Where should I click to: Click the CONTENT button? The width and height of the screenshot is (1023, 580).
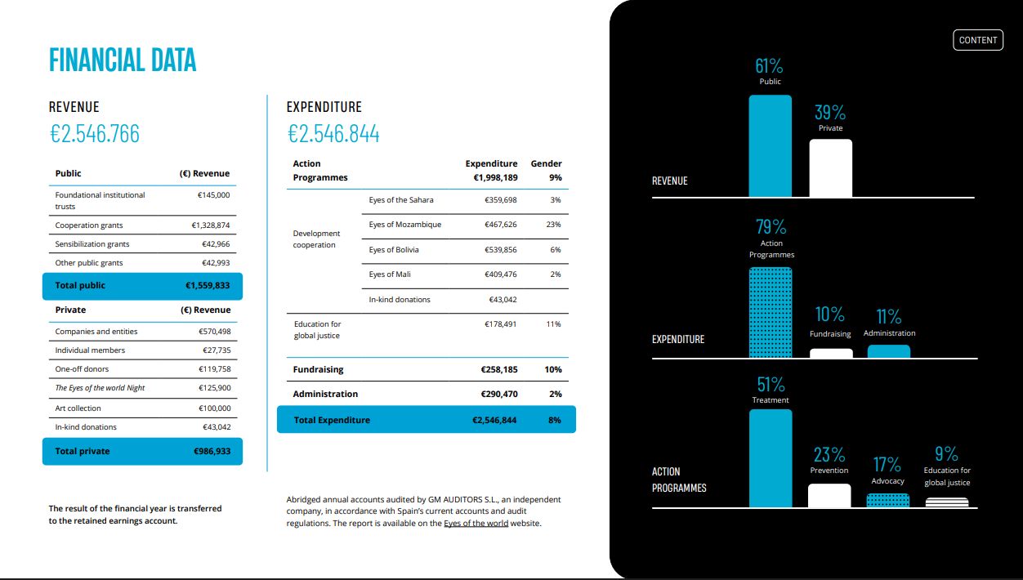point(978,40)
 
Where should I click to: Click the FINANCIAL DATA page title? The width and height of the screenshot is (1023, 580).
point(123,60)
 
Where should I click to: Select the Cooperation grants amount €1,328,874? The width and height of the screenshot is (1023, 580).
point(211,225)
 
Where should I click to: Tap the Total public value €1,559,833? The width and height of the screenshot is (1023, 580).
point(208,285)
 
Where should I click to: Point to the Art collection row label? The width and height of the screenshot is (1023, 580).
point(78,408)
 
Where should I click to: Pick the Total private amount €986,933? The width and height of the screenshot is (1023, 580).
point(212,451)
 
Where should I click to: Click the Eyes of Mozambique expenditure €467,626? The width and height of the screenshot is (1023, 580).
point(501,225)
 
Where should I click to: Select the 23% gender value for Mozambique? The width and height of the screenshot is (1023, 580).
point(553,225)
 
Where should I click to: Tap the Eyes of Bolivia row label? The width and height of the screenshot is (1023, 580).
point(394,250)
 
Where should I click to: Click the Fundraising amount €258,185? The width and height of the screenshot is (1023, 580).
point(499,369)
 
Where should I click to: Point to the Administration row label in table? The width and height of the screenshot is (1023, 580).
point(325,394)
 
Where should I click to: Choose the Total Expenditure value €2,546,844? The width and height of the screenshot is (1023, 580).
point(494,420)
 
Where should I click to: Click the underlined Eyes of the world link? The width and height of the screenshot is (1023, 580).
point(476,524)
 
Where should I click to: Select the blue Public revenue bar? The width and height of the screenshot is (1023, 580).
point(770,146)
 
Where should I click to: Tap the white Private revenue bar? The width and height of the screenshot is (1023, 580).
point(831,168)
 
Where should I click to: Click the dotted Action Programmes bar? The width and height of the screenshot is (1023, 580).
point(771,312)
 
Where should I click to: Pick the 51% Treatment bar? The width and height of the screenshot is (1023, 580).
point(771,458)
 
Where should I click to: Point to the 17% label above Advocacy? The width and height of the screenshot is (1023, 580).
point(887,465)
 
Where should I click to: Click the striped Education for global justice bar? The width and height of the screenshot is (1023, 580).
point(947,502)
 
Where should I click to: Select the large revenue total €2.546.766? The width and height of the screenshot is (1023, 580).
point(95,134)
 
